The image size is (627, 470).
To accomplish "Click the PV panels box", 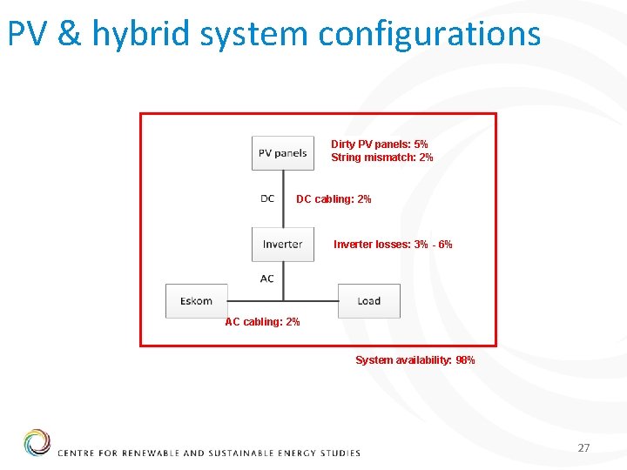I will pyautogui.click(x=283, y=153).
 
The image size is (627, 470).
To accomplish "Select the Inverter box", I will pyautogui.click(x=282, y=244).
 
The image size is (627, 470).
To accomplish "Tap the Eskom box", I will pyautogui.click(x=196, y=301).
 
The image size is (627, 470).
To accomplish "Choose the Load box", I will pyautogui.click(x=368, y=301).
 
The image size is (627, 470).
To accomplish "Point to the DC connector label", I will pyautogui.click(x=267, y=198).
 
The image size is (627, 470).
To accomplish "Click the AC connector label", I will pyautogui.click(x=267, y=279).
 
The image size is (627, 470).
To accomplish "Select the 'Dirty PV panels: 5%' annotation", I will pyautogui.click(x=379, y=144).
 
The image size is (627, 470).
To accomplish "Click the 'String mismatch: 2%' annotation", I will pyautogui.click(x=381, y=158).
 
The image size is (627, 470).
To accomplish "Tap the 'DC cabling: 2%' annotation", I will pyautogui.click(x=334, y=199).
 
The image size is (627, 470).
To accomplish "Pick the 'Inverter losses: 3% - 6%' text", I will pyautogui.click(x=393, y=245).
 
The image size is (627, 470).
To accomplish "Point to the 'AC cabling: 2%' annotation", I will pyautogui.click(x=262, y=322).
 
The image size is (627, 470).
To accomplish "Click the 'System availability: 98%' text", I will pyautogui.click(x=415, y=360).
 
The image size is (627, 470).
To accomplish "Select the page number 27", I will pyautogui.click(x=583, y=447).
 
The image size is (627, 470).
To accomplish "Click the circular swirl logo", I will pyautogui.click(x=37, y=442).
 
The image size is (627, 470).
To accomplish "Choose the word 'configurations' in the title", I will pyautogui.click(x=429, y=34).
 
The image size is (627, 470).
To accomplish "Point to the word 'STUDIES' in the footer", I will pyautogui.click(x=339, y=453).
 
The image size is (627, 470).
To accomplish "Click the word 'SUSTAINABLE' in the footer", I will pyautogui.click(x=236, y=453).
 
